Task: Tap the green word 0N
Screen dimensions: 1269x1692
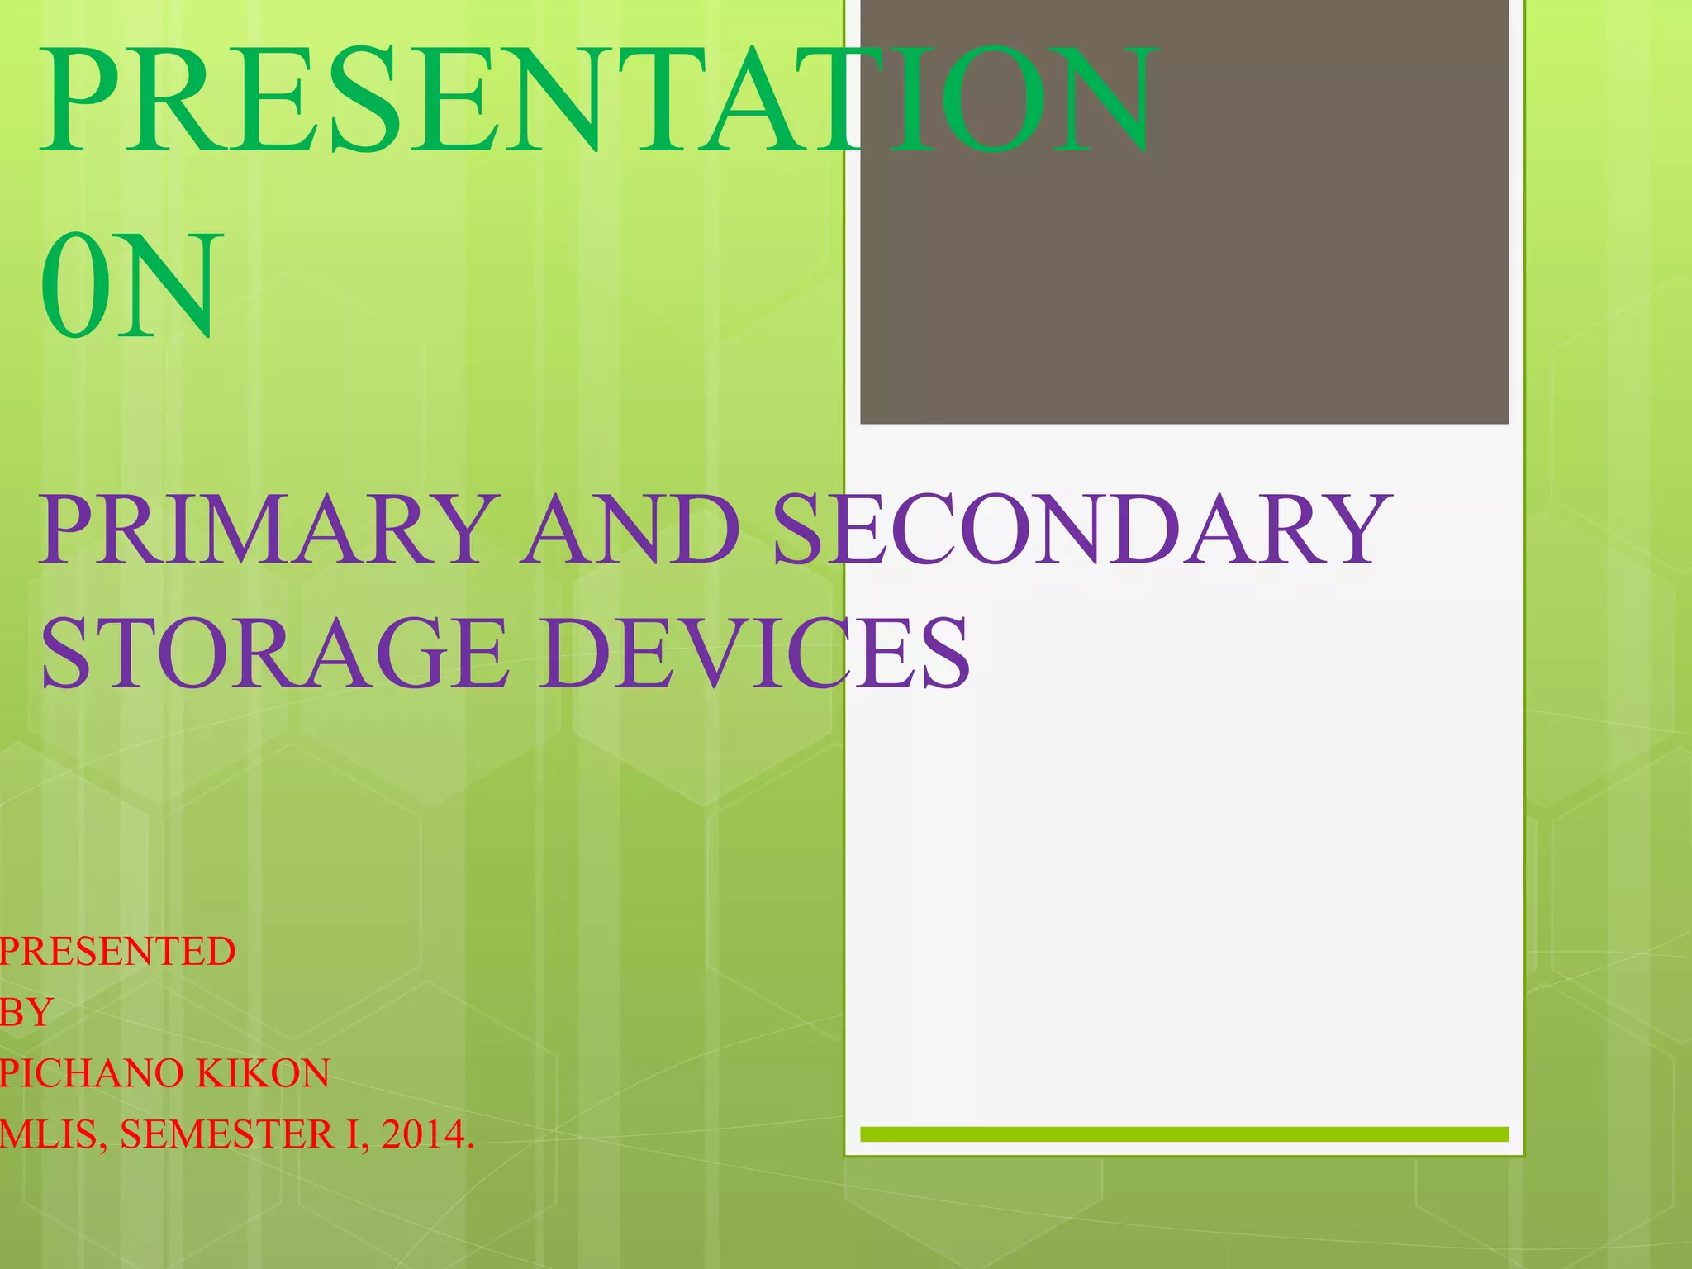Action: (x=131, y=286)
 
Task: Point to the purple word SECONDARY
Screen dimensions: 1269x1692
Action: (x=1082, y=530)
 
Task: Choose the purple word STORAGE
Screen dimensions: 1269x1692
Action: (x=273, y=653)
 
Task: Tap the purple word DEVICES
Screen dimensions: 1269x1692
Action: (x=755, y=653)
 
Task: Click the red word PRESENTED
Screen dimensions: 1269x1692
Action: (x=116, y=952)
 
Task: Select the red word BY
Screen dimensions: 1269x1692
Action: (x=26, y=1013)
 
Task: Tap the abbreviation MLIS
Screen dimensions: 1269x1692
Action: (x=51, y=1135)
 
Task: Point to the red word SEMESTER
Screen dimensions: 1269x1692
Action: (x=227, y=1135)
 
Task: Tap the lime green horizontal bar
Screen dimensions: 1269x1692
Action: (x=1184, y=1134)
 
